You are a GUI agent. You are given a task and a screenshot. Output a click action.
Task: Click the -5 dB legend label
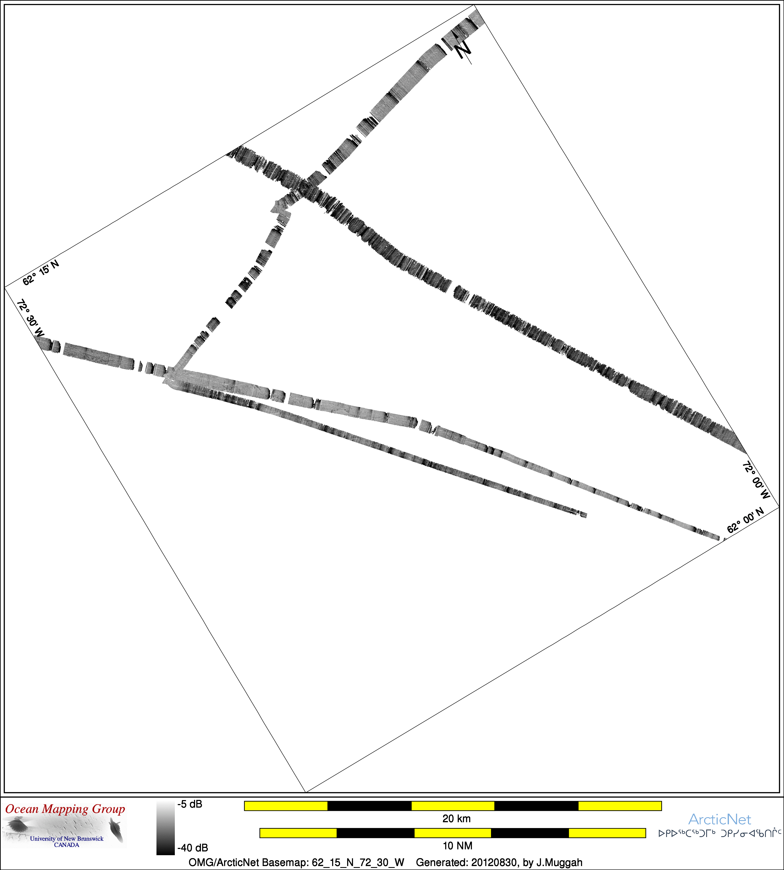190,804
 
